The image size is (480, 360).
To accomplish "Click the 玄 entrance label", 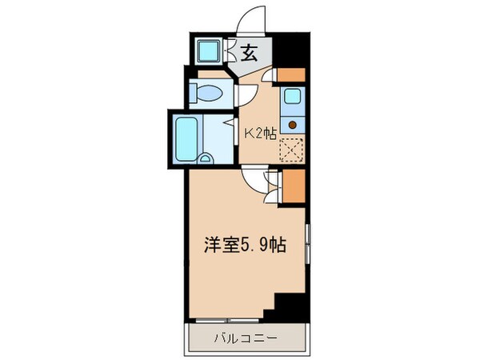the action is (x=249, y=53).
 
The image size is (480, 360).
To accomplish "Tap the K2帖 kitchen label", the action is (x=260, y=134).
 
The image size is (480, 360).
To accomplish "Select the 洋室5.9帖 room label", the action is (x=246, y=246).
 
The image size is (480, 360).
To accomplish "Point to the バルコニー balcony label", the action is (x=246, y=338).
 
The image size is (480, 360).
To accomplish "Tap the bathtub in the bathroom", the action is (x=186, y=139).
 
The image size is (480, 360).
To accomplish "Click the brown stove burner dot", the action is (x=293, y=125).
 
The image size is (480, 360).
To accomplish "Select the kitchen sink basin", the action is (x=293, y=97).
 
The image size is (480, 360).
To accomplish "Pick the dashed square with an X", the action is (x=292, y=150).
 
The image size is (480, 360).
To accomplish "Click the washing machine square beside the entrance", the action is (x=208, y=50).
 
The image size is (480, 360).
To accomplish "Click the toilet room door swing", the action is (x=248, y=95).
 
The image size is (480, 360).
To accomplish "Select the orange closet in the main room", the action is (x=294, y=186).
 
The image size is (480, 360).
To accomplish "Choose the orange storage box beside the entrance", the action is (x=291, y=75).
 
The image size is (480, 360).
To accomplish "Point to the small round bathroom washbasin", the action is (x=205, y=158).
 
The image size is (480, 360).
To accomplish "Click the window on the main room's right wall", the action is (x=308, y=244).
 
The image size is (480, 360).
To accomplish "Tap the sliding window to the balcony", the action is (x=227, y=321).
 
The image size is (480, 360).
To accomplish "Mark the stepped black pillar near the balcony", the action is (x=286, y=306).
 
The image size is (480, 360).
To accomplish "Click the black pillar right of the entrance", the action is (x=291, y=50).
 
